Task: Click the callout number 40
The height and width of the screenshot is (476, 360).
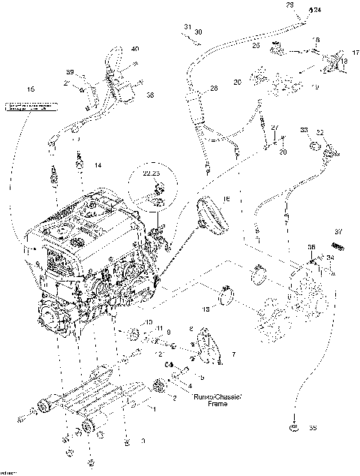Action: point(135,49)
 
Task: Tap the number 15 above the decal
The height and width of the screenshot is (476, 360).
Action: point(31,89)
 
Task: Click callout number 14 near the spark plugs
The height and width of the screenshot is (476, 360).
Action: point(97,164)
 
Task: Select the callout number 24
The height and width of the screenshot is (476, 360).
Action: point(316,11)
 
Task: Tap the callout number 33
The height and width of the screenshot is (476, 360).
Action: point(304,131)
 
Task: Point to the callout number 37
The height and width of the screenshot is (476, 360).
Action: point(338,231)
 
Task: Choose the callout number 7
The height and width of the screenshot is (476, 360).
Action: point(234,353)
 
